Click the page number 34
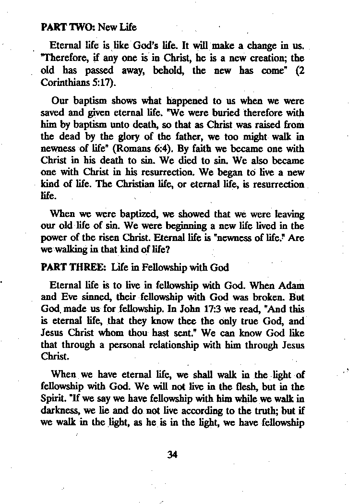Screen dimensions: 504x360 (173, 455)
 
